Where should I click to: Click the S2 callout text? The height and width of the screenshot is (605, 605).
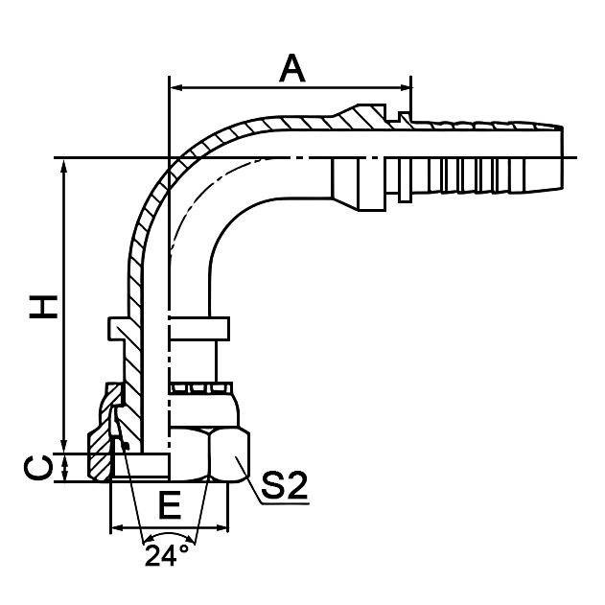(283, 487)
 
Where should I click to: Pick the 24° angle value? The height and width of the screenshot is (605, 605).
(167, 556)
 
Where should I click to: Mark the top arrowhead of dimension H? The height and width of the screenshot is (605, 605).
(64, 164)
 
